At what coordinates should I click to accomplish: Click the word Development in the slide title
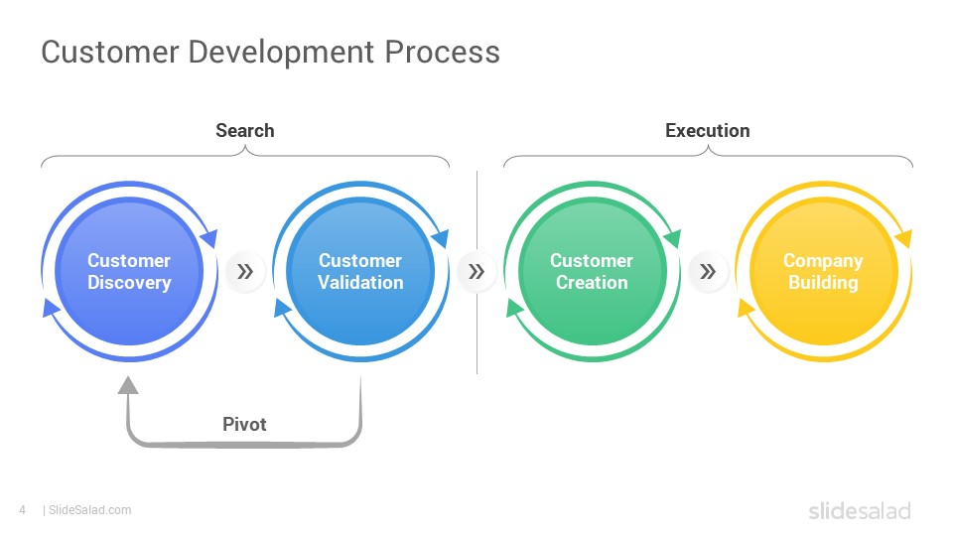(x=281, y=53)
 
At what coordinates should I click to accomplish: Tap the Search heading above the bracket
(x=245, y=130)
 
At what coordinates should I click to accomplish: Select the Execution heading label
(x=708, y=130)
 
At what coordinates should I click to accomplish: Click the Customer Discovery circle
(x=129, y=271)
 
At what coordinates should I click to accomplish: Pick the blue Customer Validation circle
(x=360, y=271)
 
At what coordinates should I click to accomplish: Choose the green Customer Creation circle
(x=592, y=271)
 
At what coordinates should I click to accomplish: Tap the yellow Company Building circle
(x=824, y=271)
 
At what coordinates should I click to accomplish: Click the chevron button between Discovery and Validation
(x=245, y=271)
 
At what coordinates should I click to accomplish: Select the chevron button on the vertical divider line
(x=476, y=271)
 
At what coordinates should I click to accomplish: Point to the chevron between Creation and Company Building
(x=708, y=271)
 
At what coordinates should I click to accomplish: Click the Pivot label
(x=244, y=424)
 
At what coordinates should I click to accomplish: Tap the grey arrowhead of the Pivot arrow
(x=128, y=385)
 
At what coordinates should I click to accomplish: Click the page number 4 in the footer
(x=23, y=510)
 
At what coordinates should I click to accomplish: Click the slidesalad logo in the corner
(x=860, y=510)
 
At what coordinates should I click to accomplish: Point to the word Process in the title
(x=443, y=52)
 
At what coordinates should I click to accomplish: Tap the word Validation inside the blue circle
(x=360, y=282)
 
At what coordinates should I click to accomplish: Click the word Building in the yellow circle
(x=824, y=283)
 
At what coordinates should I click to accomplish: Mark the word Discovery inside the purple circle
(x=129, y=283)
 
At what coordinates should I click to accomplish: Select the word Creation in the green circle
(x=592, y=282)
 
